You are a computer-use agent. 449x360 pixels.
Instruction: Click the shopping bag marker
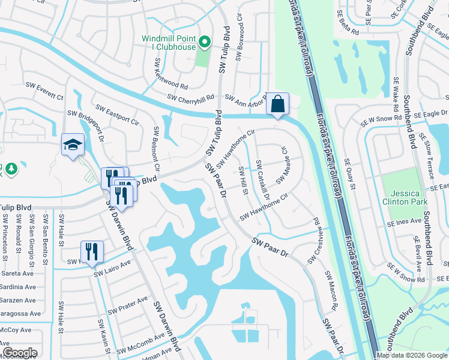pyautogui.click(x=277, y=104)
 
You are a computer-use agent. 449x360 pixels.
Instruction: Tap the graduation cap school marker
pyautogui.click(x=73, y=145)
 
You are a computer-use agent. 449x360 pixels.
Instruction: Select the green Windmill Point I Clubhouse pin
pyautogui.click(x=204, y=42)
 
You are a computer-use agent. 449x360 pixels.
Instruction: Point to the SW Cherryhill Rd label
pyautogui.click(x=190, y=98)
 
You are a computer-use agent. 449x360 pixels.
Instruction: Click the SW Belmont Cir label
pyautogui.click(x=156, y=144)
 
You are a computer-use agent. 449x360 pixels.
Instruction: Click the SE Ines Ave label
pyautogui.click(x=402, y=222)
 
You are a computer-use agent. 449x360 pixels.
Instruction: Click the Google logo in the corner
pyautogui.click(x=20, y=353)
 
